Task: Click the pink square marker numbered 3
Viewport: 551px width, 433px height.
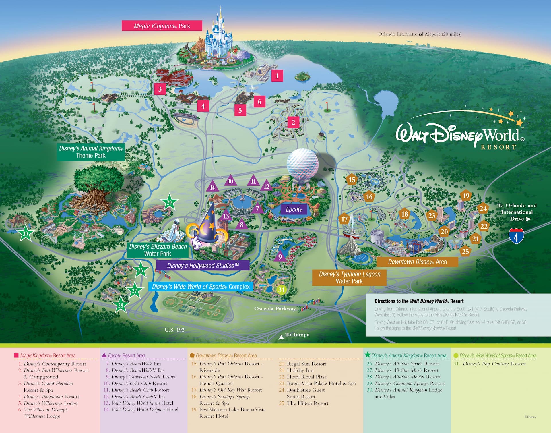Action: (x=160, y=89)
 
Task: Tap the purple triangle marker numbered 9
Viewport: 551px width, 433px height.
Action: (x=280, y=256)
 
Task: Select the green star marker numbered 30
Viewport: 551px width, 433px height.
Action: (x=25, y=234)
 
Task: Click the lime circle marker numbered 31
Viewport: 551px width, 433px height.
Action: (x=281, y=290)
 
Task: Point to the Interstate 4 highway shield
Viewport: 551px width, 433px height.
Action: (x=516, y=236)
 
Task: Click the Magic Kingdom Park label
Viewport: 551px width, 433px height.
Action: (x=162, y=26)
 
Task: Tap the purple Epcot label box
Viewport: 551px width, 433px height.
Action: (x=294, y=209)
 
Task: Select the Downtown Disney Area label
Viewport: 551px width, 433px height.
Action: (x=417, y=262)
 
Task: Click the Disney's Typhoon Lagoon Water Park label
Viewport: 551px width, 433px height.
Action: (x=349, y=277)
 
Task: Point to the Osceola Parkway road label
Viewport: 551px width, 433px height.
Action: (x=275, y=308)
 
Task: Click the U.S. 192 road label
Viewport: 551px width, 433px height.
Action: (x=174, y=330)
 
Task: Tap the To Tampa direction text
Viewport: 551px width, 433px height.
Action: (x=297, y=335)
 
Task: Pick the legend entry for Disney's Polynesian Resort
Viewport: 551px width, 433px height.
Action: (x=51, y=397)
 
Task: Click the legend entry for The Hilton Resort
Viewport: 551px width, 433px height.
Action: (x=307, y=403)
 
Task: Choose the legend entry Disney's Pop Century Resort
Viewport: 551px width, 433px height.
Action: (x=494, y=364)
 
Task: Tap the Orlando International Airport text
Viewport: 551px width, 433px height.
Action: (x=420, y=34)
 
